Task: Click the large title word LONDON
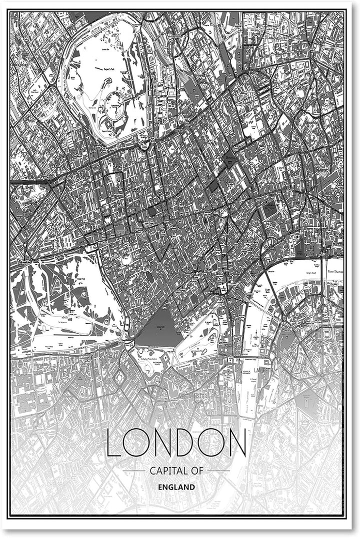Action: (x=176, y=443)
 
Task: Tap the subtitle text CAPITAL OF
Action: (x=176, y=471)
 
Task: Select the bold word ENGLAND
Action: (x=176, y=486)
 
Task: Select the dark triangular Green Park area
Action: (x=159, y=328)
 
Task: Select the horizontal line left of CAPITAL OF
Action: (x=133, y=471)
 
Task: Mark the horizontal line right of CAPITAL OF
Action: (x=218, y=471)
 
